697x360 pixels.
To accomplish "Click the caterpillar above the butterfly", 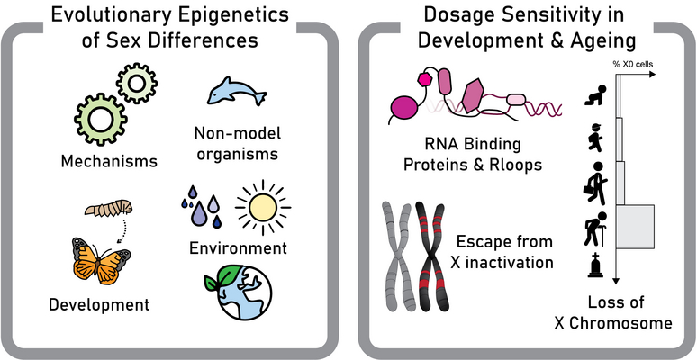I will coord(110,211).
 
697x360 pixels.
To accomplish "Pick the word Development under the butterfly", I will coord(98,304).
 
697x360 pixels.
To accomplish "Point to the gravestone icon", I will coord(595,265).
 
